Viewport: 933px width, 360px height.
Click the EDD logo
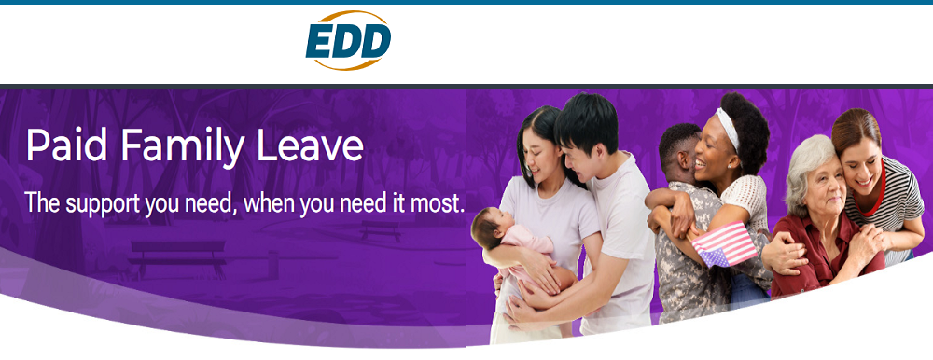[x=348, y=40]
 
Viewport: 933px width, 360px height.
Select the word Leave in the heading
[x=312, y=145]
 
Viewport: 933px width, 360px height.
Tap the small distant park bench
[x=381, y=230]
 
